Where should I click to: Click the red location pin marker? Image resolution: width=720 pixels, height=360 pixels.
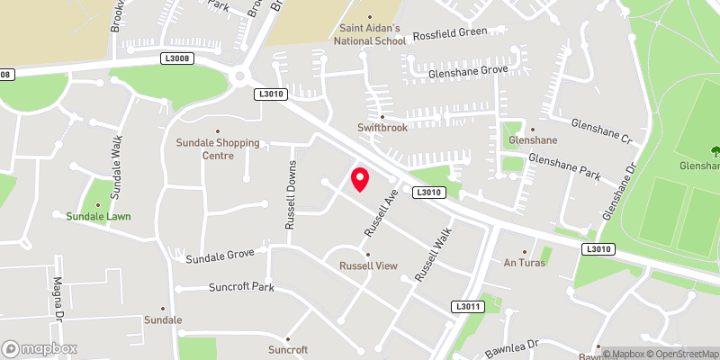click(x=359, y=179)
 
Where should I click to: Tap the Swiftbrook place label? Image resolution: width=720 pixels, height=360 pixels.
click(x=382, y=128)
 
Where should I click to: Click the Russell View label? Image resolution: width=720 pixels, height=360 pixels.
click(x=367, y=265)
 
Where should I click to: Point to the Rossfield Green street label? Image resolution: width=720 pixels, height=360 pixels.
click(x=449, y=33)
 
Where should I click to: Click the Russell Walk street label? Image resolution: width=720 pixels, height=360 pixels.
click(x=432, y=256)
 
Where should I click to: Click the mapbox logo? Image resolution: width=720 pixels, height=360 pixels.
click(x=40, y=348)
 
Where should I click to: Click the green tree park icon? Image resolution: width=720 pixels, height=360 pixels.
click(x=715, y=151)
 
